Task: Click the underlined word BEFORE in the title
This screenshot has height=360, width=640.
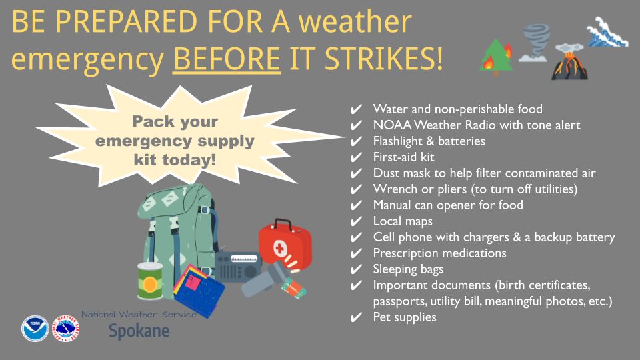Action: pos(227,60)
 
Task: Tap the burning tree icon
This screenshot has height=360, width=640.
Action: pos(497,57)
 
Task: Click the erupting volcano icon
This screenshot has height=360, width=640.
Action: pos(568,63)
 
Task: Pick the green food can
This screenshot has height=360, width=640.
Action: pos(150,281)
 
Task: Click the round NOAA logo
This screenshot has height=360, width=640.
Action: pos(35,328)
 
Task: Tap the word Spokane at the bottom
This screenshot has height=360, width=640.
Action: pos(139,330)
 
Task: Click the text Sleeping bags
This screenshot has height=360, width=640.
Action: pos(408,269)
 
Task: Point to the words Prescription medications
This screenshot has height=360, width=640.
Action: pos(439,253)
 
